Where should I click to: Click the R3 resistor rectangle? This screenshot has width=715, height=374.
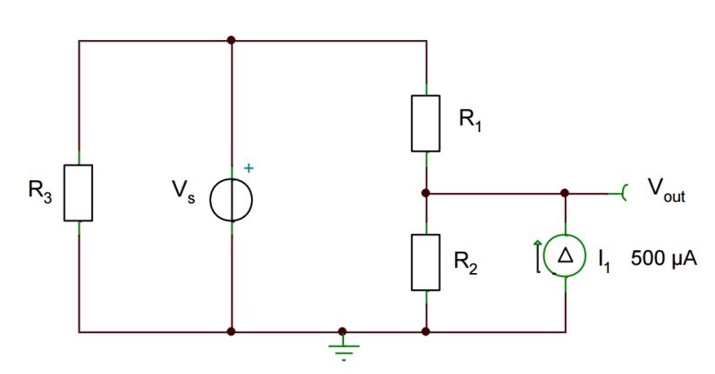tap(79, 192)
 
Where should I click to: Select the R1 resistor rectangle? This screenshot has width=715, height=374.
tap(425, 122)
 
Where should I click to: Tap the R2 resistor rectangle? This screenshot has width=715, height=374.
tap(425, 262)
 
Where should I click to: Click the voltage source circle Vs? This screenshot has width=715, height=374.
tap(231, 199)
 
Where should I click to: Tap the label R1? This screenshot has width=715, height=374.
tap(470, 120)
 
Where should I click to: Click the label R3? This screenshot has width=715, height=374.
tap(41, 190)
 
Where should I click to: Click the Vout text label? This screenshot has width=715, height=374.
tap(666, 188)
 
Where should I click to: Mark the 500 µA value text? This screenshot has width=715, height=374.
tap(664, 258)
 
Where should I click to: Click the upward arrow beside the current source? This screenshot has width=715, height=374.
tap(536, 255)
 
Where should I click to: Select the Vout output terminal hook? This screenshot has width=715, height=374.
tap(624, 192)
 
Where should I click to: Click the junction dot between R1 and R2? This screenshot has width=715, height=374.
tap(425, 192)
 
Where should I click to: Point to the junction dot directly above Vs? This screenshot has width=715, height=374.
tap(231, 40)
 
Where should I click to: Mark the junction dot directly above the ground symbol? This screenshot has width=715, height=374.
tap(341, 332)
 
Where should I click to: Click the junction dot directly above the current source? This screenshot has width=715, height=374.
tap(565, 192)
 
